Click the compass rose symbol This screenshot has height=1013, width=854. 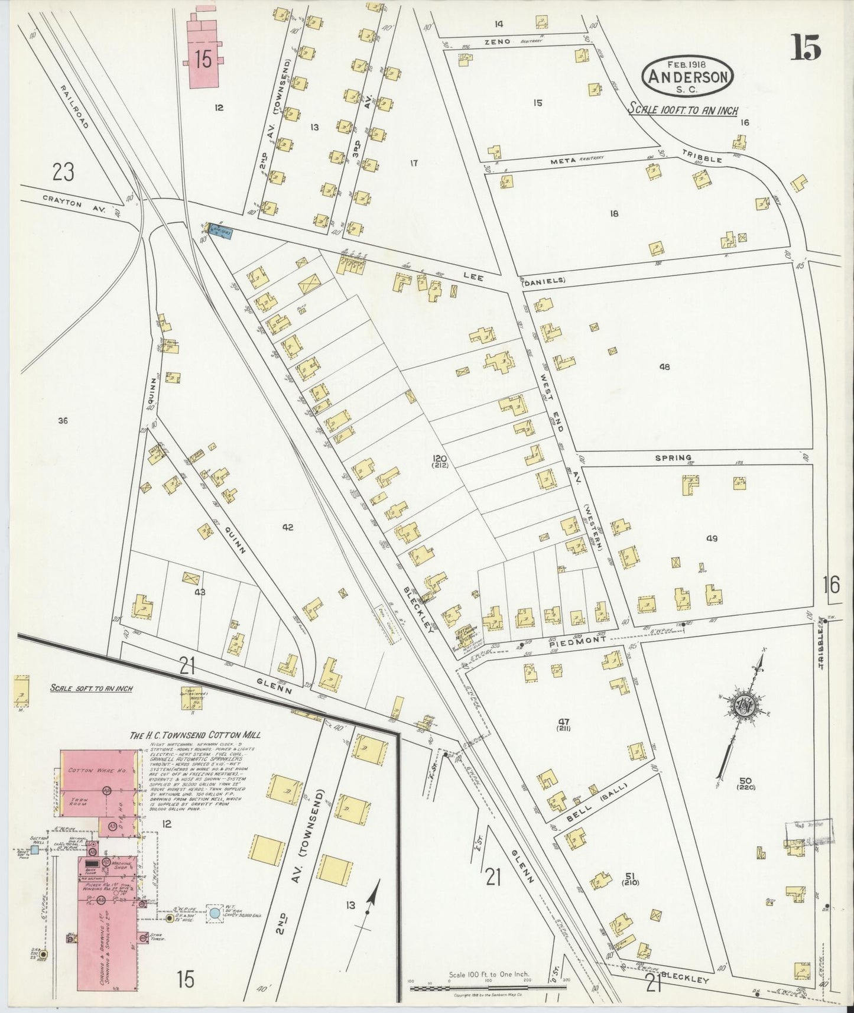pyautogui.click(x=741, y=706)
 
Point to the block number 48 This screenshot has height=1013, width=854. pyautogui.click(x=664, y=366)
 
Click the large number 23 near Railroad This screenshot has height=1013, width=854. pyautogui.click(x=63, y=172)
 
